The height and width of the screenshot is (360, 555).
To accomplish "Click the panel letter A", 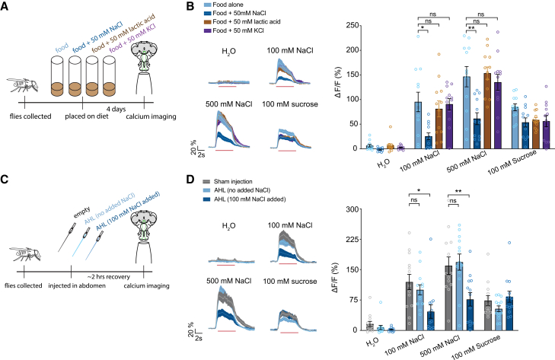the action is (5, 6).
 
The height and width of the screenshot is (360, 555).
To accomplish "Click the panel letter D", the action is (190, 179).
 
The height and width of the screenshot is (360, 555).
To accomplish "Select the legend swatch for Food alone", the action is (207, 5).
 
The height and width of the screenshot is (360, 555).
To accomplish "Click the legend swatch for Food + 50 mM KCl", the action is (207, 30).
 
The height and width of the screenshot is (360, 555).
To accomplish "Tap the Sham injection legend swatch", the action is (207, 182).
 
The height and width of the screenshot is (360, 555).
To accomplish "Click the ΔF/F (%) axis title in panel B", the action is (338, 81).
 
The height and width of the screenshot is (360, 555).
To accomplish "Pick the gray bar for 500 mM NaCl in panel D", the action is (448, 298).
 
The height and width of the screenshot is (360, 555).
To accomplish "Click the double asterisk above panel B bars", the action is (471, 28).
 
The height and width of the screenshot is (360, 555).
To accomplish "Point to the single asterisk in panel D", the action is (419, 191).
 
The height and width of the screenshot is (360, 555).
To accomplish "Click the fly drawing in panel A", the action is (23, 86).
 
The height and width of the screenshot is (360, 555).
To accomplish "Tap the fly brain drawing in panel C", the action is (144, 223).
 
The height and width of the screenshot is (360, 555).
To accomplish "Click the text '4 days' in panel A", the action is (116, 109).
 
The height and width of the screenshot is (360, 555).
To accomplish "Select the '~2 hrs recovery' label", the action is (109, 277).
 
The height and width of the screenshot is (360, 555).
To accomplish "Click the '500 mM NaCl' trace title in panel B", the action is (229, 104).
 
